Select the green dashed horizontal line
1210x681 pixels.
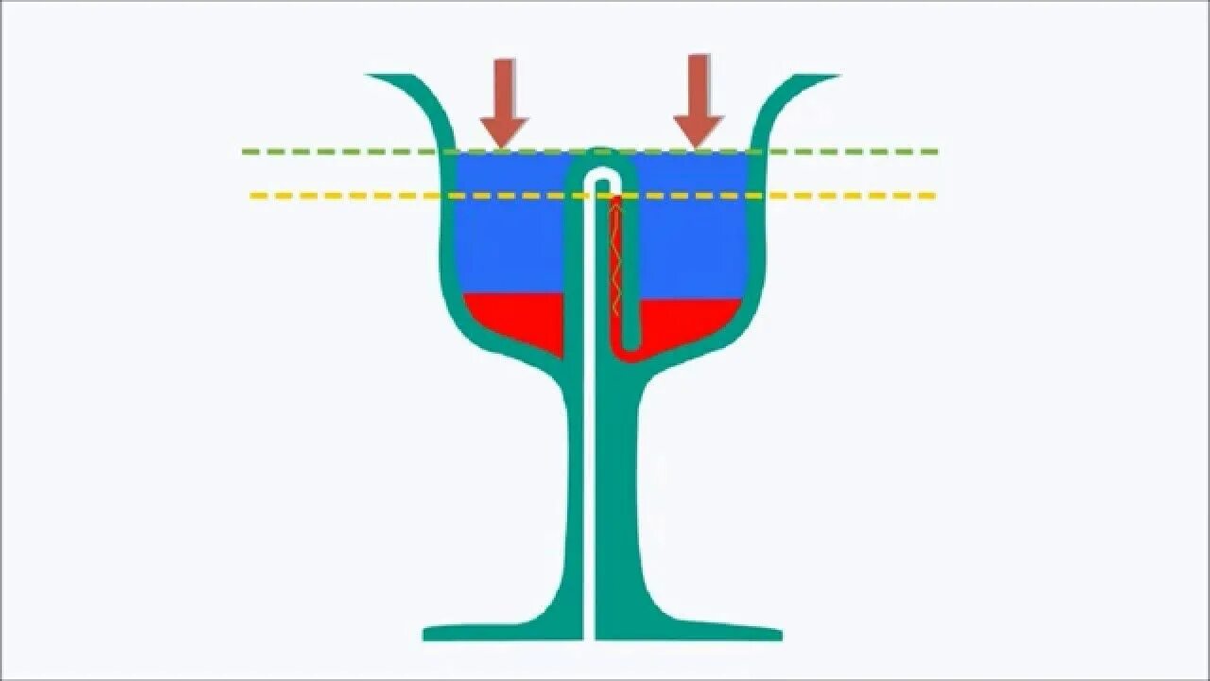[851, 151]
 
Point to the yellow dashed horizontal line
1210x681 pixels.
[851, 196]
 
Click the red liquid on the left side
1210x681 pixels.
[515, 317]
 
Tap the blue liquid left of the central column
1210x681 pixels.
[510, 236]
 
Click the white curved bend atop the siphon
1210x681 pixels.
[599, 175]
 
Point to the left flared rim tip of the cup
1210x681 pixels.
[371, 77]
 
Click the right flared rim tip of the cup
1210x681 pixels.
[835, 77]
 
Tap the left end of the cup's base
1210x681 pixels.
[427, 632]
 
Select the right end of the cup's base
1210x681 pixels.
[778, 632]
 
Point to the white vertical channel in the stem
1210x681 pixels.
[591, 426]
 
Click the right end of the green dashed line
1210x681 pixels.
[934, 151]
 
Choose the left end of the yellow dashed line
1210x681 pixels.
[254, 196]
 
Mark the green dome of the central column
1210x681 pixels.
[599, 152]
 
